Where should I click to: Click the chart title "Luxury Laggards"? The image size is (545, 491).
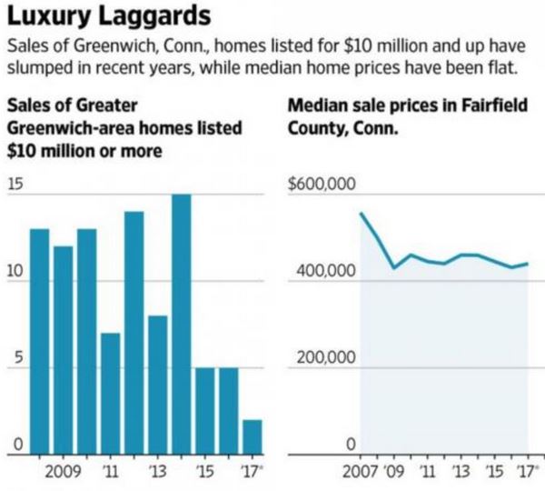[110, 17]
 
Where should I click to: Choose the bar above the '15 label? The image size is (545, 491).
[204, 410]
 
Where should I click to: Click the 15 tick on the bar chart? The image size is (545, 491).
[14, 185]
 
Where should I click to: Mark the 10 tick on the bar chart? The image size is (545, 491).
[14, 271]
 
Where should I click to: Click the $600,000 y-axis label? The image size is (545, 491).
[319, 185]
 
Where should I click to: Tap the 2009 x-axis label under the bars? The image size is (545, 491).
[64, 473]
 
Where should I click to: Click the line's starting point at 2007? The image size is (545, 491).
[361, 214]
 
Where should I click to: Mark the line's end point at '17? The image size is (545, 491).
[527, 264]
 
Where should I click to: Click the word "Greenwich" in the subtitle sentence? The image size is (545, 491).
[85, 46]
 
